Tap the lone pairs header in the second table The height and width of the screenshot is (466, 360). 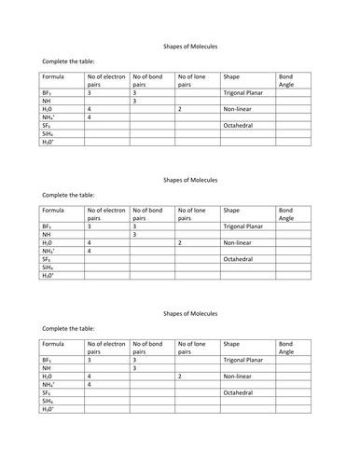tap(195, 214)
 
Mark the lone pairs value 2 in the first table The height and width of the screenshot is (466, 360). tap(179, 110)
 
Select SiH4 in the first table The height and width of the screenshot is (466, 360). tap(48, 134)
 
